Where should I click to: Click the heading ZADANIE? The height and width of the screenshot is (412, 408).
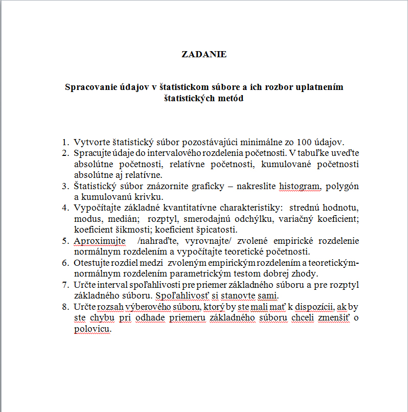(204, 54)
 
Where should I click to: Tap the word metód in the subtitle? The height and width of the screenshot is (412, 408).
(230, 98)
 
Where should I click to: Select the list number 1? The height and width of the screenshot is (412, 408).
(64, 142)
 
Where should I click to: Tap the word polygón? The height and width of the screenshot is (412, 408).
(343, 186)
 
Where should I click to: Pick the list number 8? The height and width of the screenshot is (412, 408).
(64, 307)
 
